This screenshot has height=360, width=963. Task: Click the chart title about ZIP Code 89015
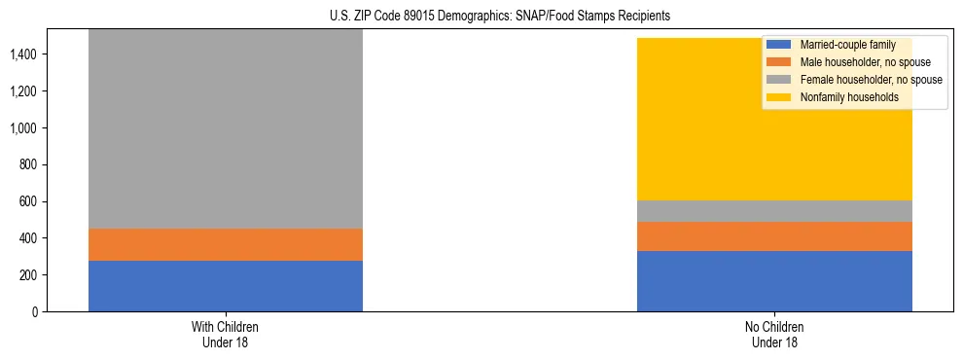click(x=481, y=17)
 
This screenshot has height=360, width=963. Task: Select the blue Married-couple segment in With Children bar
click(x=226, y=286)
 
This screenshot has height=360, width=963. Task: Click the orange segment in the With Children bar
click(x=226, y=244)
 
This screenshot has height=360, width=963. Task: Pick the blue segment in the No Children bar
click(x=774, y=281)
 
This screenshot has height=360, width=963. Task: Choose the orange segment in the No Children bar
click(x=774, y=236)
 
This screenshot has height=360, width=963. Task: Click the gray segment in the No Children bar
click(x=774, y=211)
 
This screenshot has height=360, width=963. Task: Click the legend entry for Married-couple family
click(x=841, y=45)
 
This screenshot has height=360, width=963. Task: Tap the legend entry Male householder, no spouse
click(x=855, y=62)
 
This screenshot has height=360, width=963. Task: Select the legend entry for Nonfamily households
click(x=842, y=97)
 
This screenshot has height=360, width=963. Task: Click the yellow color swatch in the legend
click(x=779, y=97)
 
